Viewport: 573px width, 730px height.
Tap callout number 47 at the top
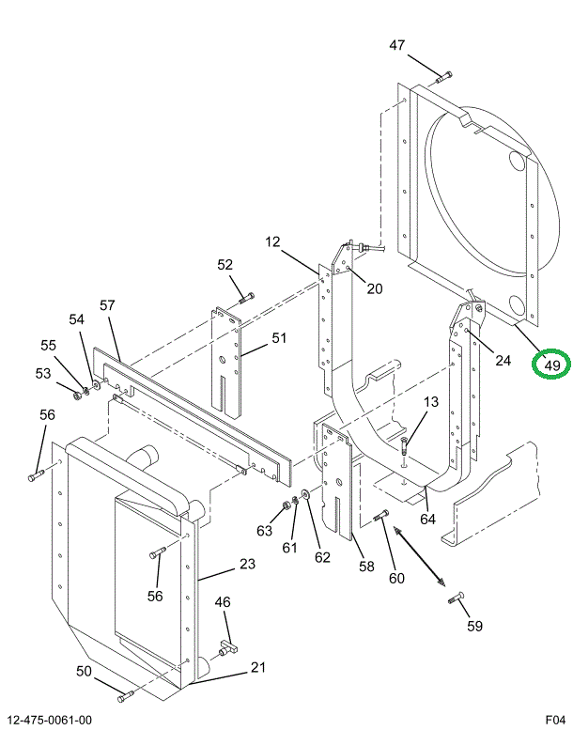397,45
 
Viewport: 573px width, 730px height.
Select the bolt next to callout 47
443,76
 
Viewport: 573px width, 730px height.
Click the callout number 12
272,242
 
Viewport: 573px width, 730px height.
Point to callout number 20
375,288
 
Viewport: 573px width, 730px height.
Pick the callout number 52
225,265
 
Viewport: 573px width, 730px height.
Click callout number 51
279,338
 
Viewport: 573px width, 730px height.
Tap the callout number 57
107,305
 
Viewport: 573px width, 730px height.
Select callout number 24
503,359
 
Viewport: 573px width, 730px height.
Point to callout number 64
427,518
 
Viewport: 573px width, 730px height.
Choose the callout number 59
475,626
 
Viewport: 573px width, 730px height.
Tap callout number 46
223,602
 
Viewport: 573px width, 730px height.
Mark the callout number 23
247,564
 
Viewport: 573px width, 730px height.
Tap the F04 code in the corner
555,721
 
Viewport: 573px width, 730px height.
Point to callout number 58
366,567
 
